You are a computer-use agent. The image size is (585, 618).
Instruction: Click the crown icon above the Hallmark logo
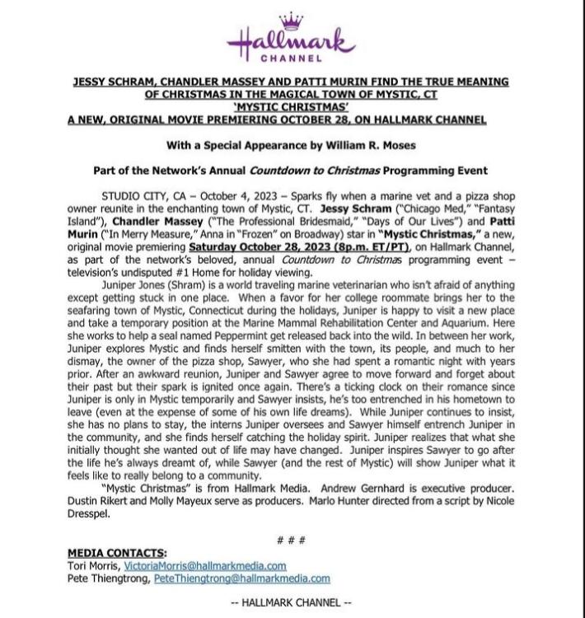click(x=292, y=19)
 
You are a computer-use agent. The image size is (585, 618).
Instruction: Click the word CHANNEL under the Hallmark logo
click(x=292, y=59)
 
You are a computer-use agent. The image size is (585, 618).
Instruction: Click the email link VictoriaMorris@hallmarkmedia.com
click(x=204, y=566)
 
